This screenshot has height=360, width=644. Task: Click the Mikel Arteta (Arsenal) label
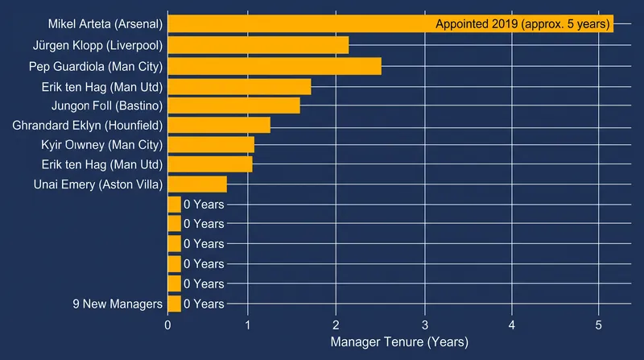[x=105, y=24]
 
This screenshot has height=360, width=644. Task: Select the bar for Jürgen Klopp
[x=258, y=45]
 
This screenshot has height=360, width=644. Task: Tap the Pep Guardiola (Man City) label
[x=96, y=67]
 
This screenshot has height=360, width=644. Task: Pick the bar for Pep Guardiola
[x=275, y=67]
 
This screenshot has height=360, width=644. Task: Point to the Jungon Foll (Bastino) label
[x=107, y=106]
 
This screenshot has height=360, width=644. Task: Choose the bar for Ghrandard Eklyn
[x=219, y=126]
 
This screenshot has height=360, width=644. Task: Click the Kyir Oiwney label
[x=102, y=145]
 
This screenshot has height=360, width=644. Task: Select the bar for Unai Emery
[x=197, y=184]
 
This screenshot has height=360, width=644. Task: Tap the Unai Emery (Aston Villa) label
[x=98, y=184]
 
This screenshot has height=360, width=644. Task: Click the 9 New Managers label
[x=118, y=304]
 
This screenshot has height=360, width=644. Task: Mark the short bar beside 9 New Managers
[x=175, y=304]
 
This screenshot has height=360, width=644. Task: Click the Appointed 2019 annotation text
[x=522, y=24]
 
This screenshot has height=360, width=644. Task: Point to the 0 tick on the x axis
[x=167, y=325]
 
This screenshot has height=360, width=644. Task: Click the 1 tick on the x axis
[x=248, y=325]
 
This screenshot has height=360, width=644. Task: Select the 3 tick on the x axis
[x=425, y=325]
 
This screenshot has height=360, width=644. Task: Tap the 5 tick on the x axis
[x=598, y=325]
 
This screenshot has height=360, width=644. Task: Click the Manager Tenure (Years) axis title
[x=399, y=342]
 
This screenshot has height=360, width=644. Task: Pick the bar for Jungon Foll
[x=234, y=106]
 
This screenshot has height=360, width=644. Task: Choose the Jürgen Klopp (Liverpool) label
[x=97, y=45]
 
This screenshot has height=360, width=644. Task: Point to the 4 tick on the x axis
[x=512, y=325]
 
